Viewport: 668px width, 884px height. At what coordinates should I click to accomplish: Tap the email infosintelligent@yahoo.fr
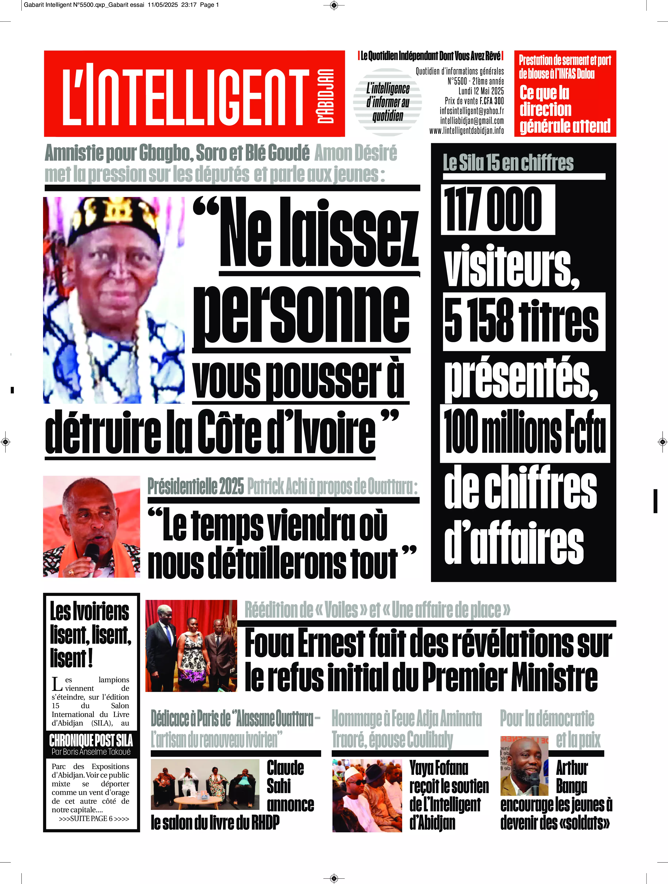coord(471,111)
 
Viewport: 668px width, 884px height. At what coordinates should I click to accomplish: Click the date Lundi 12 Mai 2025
coord(481,91)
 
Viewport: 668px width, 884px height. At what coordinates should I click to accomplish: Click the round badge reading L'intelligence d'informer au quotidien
coord(388,102)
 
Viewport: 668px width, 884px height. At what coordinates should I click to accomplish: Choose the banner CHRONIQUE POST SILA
coord(91,741)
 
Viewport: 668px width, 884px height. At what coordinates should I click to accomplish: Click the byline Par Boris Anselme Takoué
coord(91,752)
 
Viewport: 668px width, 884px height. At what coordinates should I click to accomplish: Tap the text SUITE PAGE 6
coord(94,818)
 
